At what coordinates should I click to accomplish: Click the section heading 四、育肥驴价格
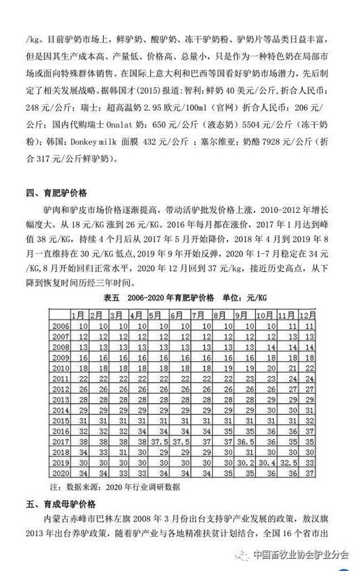[57, 193]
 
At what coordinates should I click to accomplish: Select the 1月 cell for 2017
[83, 441]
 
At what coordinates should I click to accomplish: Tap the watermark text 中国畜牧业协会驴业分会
[300, 555]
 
